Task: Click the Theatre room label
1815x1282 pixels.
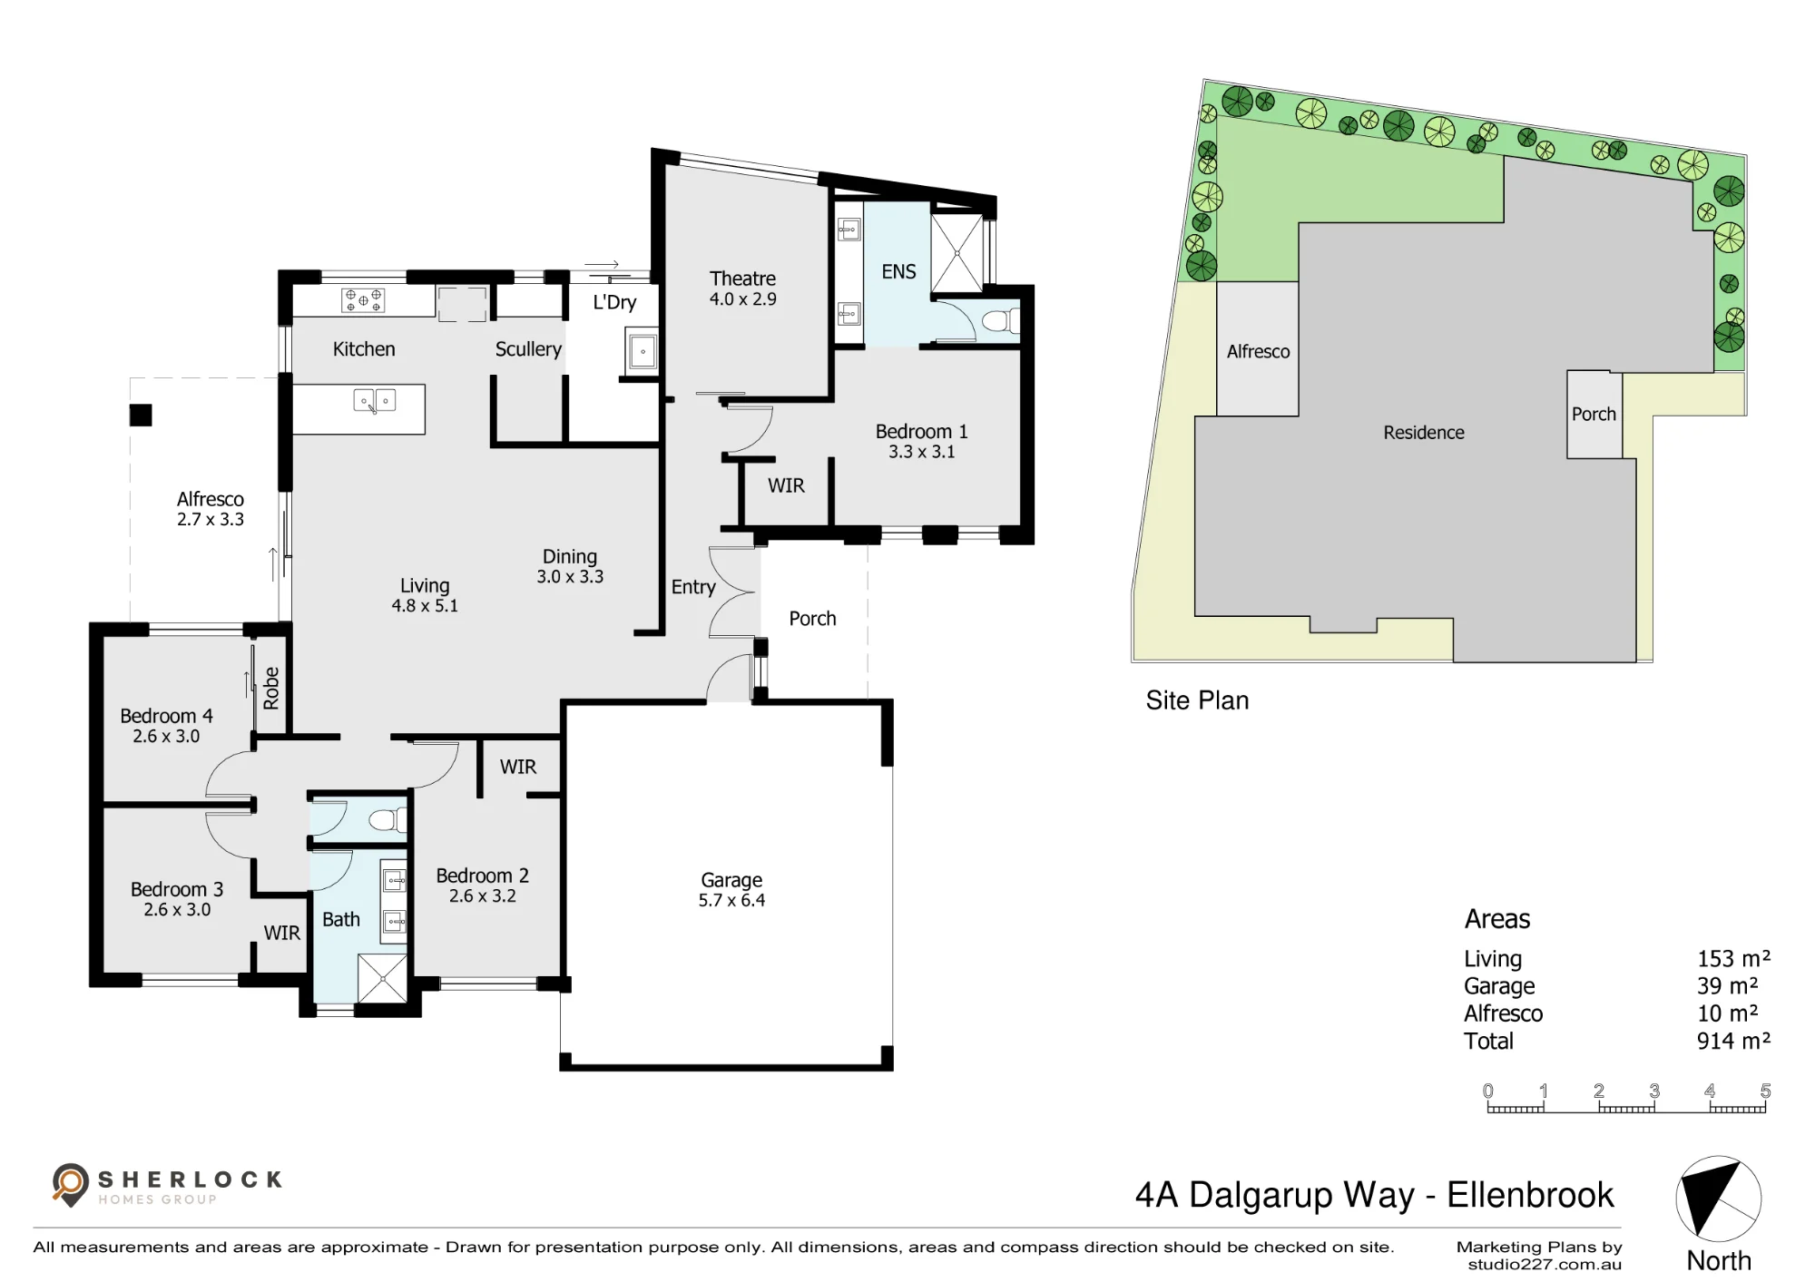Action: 742,279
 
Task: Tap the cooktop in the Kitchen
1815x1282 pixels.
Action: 363,300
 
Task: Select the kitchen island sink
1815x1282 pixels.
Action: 375,401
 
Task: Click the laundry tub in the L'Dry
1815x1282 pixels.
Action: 642,350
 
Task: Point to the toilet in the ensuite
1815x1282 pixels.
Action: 999,321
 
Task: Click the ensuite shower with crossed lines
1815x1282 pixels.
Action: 957,254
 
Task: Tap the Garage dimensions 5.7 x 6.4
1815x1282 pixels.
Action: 731,900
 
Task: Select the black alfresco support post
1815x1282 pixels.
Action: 141,416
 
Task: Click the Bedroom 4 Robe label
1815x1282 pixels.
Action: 271,688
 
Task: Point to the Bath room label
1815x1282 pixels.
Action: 341,919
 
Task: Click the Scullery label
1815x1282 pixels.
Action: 528,349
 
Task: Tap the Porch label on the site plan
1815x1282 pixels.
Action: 1594,414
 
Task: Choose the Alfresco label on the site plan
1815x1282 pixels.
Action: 1258,351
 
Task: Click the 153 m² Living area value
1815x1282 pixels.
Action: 1733,958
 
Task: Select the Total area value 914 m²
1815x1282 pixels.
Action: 1733,1041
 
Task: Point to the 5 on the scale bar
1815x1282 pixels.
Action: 1765,1091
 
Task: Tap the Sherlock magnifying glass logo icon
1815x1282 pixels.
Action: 70,1185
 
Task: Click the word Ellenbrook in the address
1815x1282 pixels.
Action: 1531,1195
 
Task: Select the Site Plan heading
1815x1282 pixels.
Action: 1197,700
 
